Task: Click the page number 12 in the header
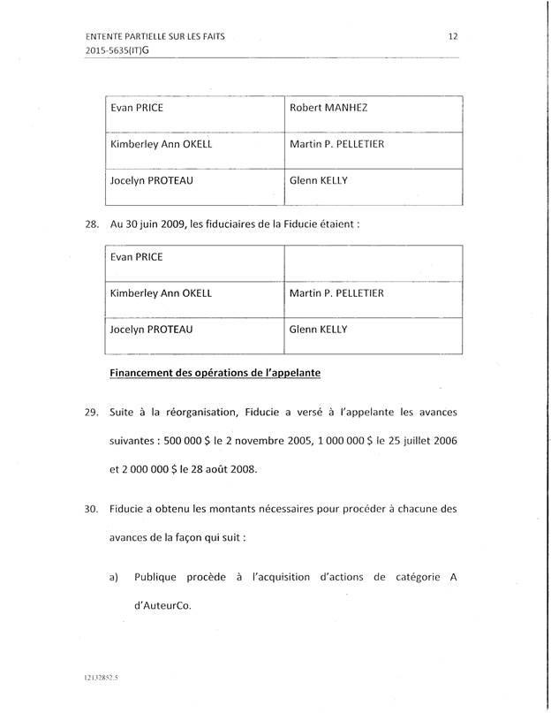pyautogui.click(x=452, y=36)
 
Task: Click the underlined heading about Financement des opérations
pyautogui.click(x=215, y=372)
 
